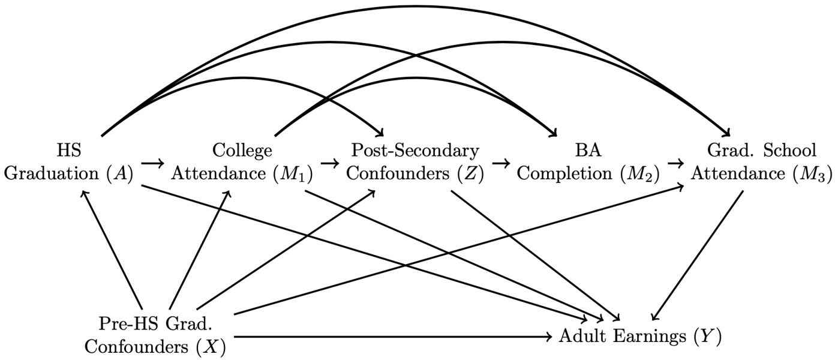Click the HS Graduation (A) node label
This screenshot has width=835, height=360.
pos(69,162)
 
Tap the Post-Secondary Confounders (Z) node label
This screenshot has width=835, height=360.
pos(415,162)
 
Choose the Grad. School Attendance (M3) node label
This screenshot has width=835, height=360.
pos(761,162)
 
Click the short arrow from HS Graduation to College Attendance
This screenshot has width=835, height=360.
pos(153,163)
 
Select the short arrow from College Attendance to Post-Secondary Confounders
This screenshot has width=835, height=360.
pos(329,163)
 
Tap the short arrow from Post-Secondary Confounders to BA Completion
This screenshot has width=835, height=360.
pos(501,163)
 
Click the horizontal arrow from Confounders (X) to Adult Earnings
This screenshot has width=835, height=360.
pos(390,337)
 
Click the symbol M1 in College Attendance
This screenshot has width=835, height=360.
pos(296,174)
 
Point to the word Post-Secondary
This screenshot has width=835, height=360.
pos(415,149)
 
